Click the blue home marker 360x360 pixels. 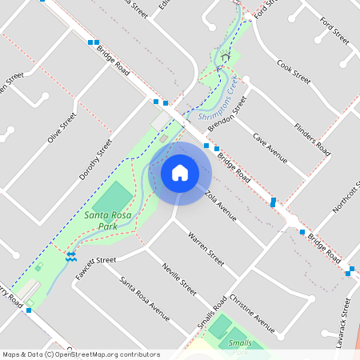[x=180, y=172]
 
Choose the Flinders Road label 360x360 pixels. [x=311, y=137]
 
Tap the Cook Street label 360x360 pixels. [x=293, y=71]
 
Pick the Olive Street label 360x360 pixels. [x=62, y=127]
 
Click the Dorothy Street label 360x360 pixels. [x=95, y=159]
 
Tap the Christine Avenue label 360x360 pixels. [x=251, y=313]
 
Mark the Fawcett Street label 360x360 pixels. [x=96, y=260]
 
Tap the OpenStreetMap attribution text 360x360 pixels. [x=80, y=354]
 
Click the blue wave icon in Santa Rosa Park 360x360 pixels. [x=71, y=255]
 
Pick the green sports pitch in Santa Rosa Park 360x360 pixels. [x=116, y=197]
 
